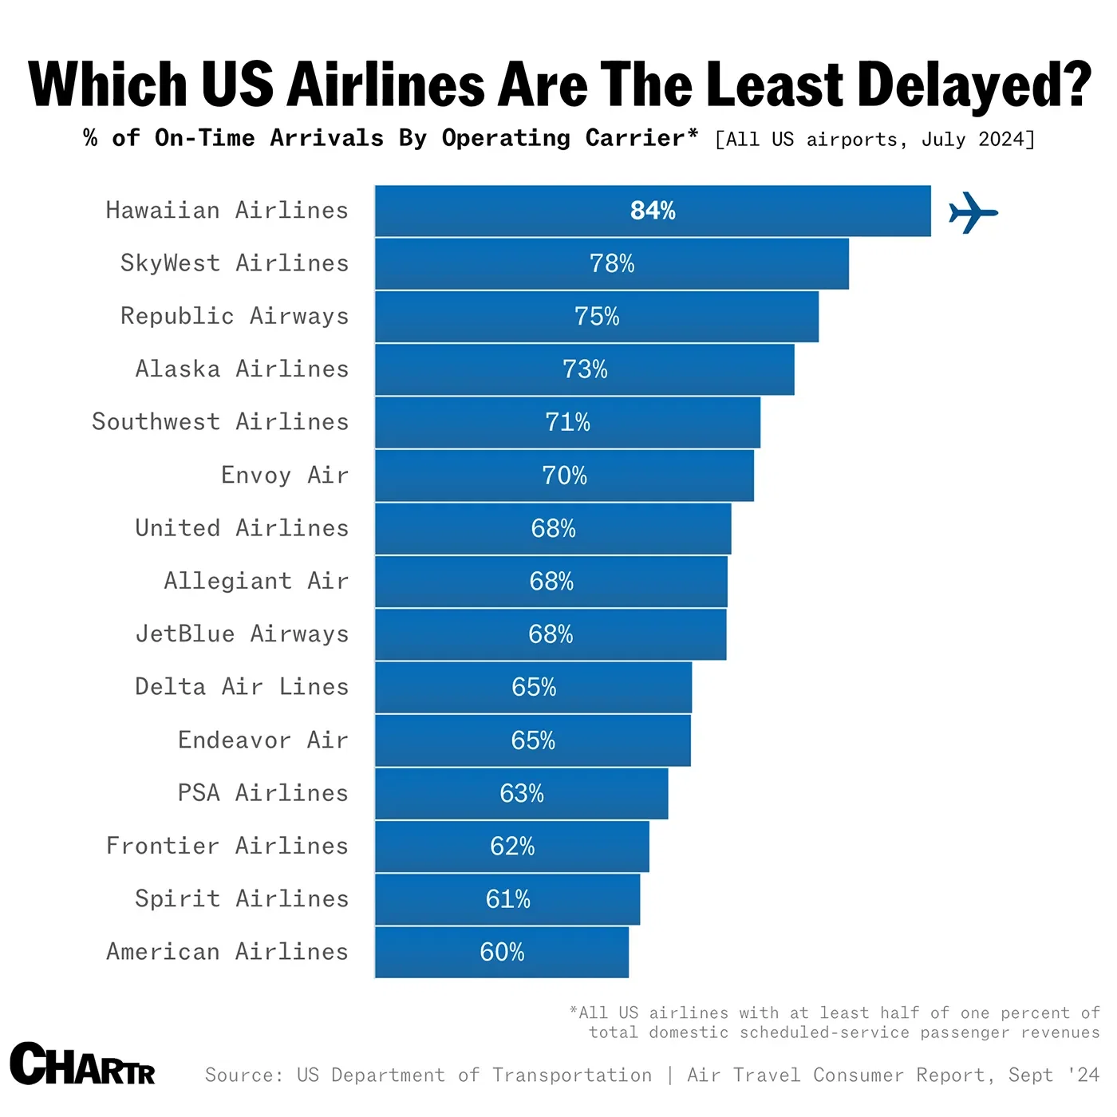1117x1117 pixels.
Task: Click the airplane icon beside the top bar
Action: tap(973, 212)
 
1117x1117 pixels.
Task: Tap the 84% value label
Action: tap(653, 211)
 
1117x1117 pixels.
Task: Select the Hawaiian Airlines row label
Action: tap(227, 211)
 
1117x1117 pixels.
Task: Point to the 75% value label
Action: tap(597, 317)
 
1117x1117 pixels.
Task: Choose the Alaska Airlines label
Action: tap(242, 369)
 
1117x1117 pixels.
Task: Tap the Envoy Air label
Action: tap(285, 476)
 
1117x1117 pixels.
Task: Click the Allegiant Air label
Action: tap(256, 581)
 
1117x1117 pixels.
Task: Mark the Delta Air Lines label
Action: tap(242, 687)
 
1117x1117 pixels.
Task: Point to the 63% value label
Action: tap(522, 793)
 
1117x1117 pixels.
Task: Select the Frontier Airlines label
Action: tap(227, 846)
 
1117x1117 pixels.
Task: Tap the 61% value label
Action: tap(508, 899)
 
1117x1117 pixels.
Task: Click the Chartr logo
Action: tap(83, 1064)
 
